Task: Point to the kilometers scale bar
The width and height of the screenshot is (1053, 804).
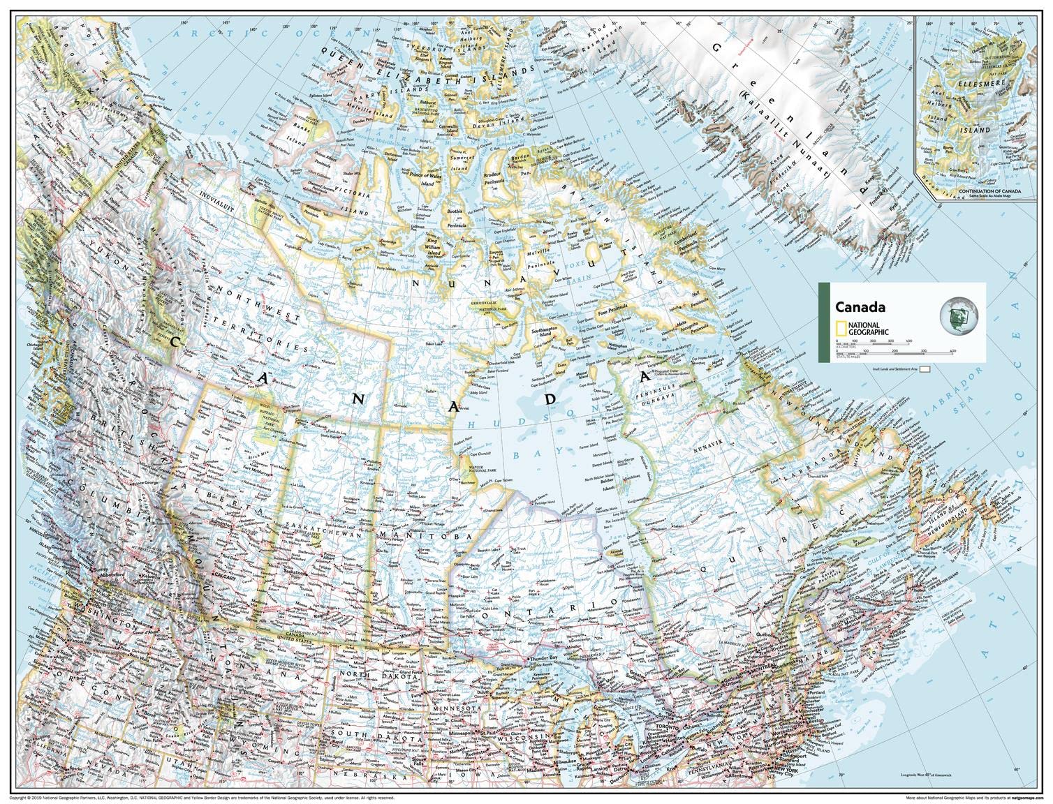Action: pos(873,341)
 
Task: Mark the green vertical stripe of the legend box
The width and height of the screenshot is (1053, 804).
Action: pos(823,322)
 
